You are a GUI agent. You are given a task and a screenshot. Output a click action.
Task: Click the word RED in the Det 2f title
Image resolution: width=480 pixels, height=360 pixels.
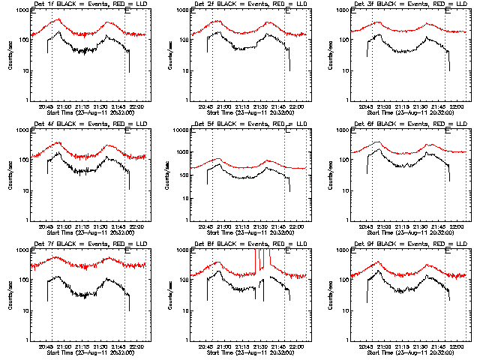click(274, 6)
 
